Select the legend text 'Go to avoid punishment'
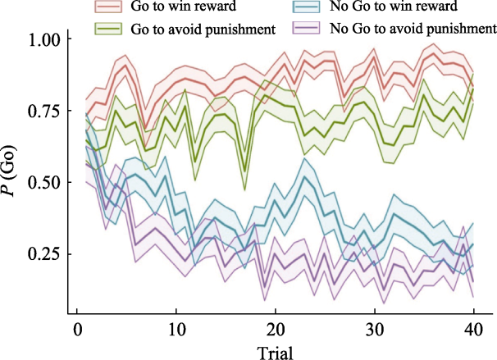201,30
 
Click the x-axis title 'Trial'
275,351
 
